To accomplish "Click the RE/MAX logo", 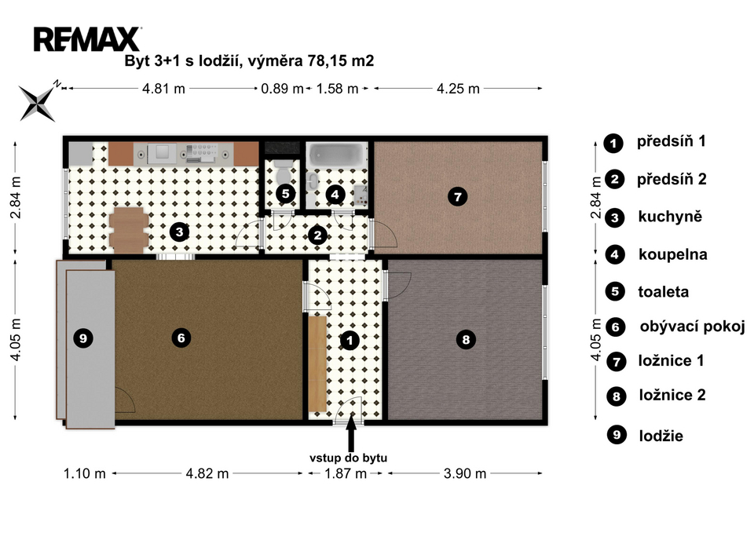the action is click(87, 39).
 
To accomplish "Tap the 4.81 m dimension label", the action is click(163, 89).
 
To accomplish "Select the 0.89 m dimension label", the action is click(282, 89).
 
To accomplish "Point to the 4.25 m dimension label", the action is click(458, 89).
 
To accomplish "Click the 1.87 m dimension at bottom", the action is click(346, 474).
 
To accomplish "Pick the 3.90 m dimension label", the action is click(464, 474).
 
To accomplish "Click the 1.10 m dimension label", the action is click(85, 474).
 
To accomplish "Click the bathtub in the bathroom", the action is click(337, 155).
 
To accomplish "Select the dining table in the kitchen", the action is click(128, 230).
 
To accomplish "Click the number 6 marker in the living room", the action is click(181, 338).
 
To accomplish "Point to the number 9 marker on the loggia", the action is click(83, 338).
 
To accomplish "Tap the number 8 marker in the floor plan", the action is click(466, 340).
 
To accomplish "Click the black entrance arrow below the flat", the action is click(351, 434).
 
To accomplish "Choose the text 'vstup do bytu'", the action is click(348, 458).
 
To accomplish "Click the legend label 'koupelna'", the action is click(673, 254).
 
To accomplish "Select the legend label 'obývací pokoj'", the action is click(693, 327).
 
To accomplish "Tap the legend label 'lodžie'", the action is click(661, 436).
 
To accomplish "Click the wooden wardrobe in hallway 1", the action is click(317, 363).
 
